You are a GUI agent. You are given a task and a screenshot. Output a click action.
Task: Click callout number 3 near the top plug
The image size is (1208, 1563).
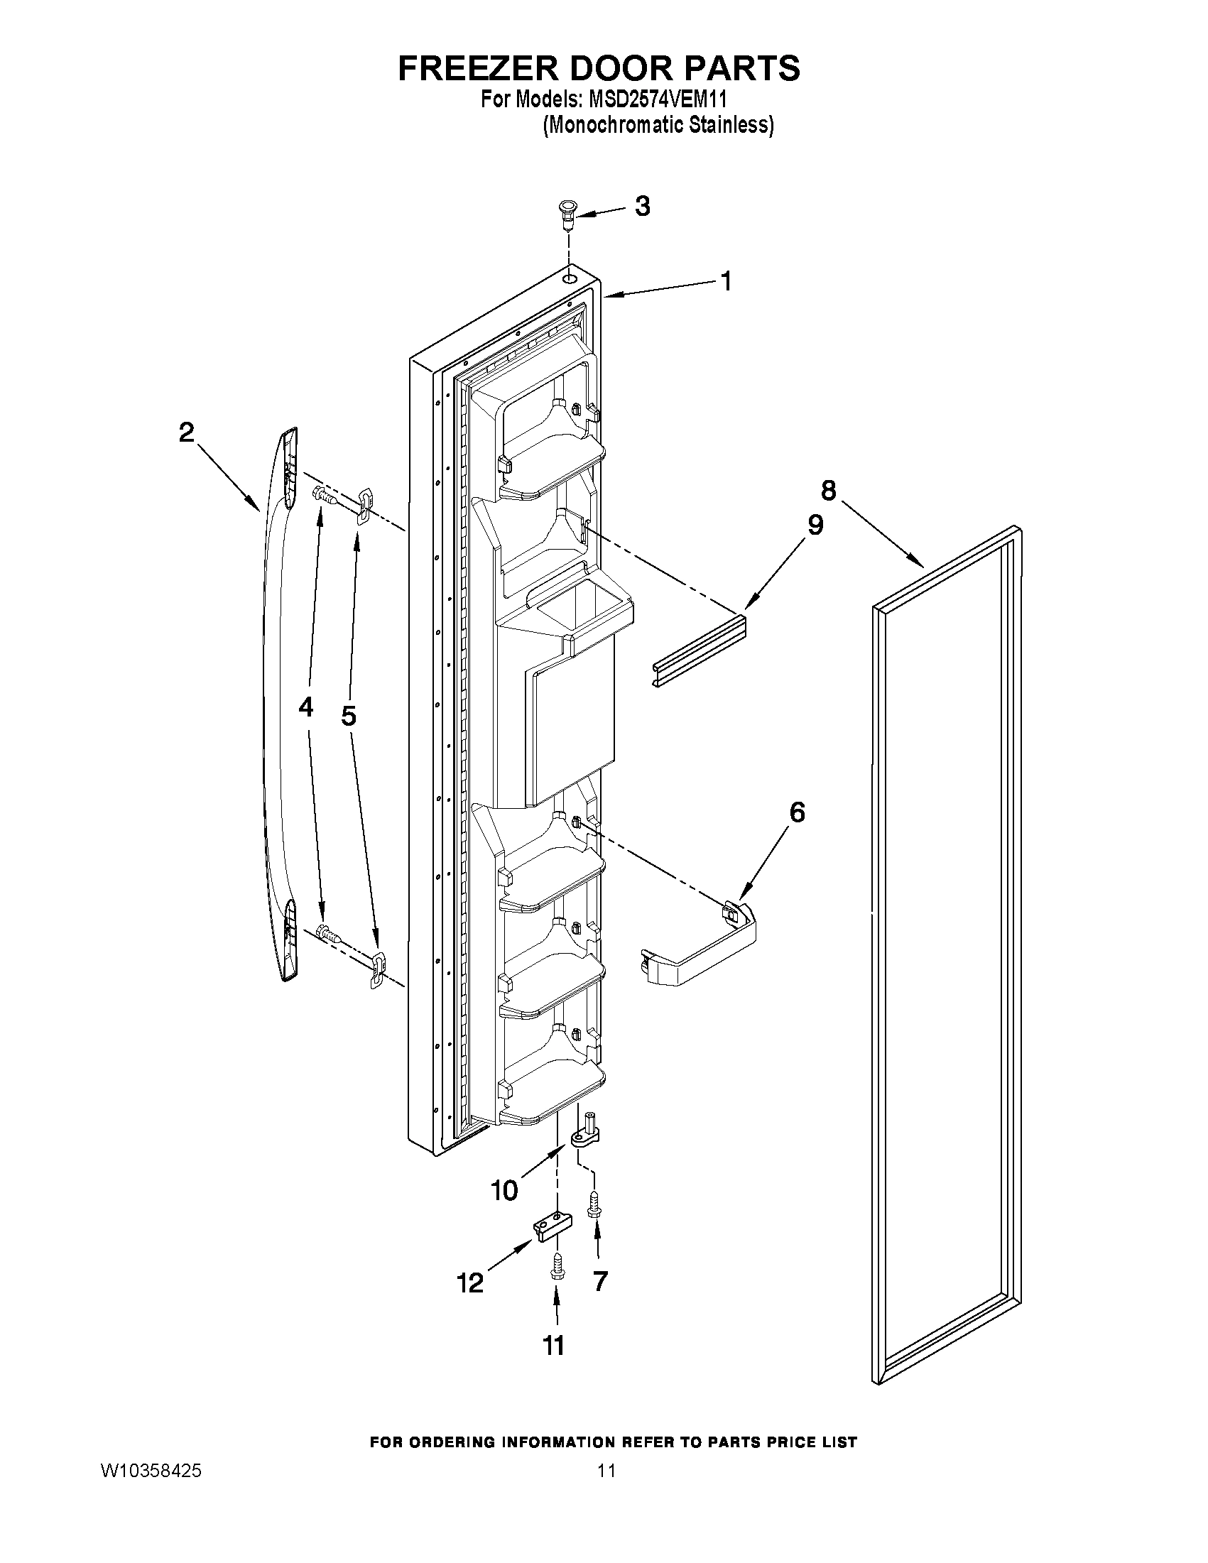coord(642,207)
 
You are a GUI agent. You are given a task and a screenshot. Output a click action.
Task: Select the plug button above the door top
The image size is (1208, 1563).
coord(567,212)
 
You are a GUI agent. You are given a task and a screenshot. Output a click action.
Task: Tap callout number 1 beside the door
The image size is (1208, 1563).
coord(725,282)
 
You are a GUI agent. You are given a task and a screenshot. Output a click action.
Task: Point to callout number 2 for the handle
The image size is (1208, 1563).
coord(186,432)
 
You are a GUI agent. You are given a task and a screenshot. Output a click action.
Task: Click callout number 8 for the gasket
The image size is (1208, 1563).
coord(827,491)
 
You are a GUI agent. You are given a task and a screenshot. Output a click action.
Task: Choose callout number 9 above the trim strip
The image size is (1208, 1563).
coord(815,525)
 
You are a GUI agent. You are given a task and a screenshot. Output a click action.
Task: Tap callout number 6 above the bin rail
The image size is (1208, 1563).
coord(797,812)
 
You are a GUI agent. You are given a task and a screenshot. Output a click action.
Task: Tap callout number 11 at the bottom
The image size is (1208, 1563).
coord(553,1346)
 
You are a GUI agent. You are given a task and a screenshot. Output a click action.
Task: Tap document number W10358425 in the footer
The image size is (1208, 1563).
coord(151,1469)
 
